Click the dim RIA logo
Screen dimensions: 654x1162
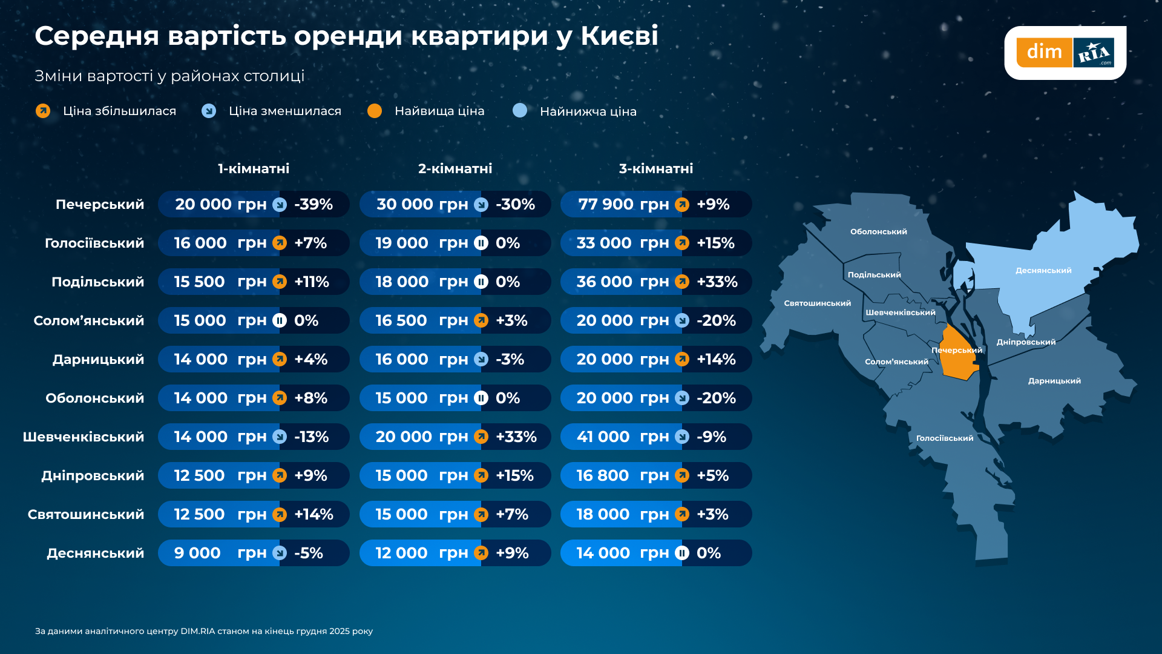1065,53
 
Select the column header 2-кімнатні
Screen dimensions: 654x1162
455,168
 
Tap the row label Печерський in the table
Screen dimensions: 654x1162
100,205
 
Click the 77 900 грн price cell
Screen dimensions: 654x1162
623,205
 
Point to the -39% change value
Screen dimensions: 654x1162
313,205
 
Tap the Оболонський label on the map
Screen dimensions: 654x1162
878,232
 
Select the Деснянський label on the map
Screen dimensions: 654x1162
1043,271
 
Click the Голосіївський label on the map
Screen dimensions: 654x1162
944,438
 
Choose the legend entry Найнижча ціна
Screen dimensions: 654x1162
588,111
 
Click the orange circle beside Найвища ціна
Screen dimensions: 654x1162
375,111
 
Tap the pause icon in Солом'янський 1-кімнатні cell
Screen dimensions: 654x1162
280,320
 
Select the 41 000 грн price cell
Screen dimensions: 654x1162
623,437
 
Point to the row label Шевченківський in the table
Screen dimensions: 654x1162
84,437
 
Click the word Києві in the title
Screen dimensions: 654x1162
619,36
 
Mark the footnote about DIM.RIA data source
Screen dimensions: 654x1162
204,631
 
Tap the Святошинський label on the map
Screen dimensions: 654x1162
817,303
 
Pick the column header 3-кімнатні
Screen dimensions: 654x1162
655,168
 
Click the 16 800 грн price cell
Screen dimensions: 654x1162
623,476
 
